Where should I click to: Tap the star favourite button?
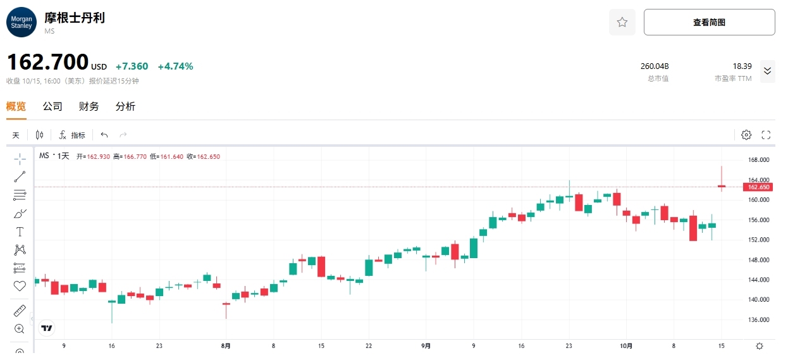pyautogui.click(x=622, y=22)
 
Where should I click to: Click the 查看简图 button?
pyautogui.click(x=709, y=22)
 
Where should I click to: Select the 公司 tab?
pyautogui.click(x=52, y=106)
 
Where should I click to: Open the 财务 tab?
pyautogui.click(x=89, y=106)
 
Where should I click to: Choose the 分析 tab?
pyautogui.click(x=125, y=106)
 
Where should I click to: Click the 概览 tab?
pyautogui.click(x=16, y=106)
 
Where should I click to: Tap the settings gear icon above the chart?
pyautogui.click(x=746, y=135)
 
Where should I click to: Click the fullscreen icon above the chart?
pyautogui.click(x=766, y=135)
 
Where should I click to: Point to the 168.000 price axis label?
pyautogui.click(x=758, y=160)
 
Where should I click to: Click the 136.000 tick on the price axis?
pyautogui.click(x=758, y=320)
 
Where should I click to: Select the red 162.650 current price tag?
pyautogui.click(x=758, y=187)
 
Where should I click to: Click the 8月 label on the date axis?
pyautogui.click(x=226, y=346)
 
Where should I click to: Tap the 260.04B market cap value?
pyautogui.click(x=655, y=66)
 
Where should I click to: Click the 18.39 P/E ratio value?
pyautogui.click(x=742, y=66)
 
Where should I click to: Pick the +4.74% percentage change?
pyautogui.click(x=175, y=66)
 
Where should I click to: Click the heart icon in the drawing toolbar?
pyautogui.click(x=20, y=286)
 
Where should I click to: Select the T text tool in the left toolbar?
pyautogui.click(x=20, y=232)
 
